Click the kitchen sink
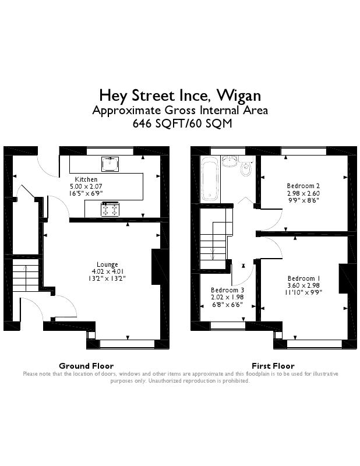click(x=110, y=164)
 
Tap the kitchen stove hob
click(x=110, y=209)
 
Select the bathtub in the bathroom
click(x=210, y=179)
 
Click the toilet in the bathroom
click(x=246, y=167)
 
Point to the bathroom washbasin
click(x=230, y=161)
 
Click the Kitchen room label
click(x=86, y=179)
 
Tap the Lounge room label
click(x=107, y=264)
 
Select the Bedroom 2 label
click(x=303, y=186)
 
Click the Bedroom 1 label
click(x=303, y=278)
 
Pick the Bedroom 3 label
click(x=227, y=290)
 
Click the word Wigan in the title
click(x=239, y=96)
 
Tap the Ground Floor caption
click(x=86, y=366)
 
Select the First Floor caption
click(x=273, y=366)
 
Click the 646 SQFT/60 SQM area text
click(x=182, y=123)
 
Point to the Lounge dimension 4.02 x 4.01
click(x=108, y=271)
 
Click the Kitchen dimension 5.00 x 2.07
click(x=86, y=186)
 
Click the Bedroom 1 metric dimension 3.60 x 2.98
click(x=303, y=285)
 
